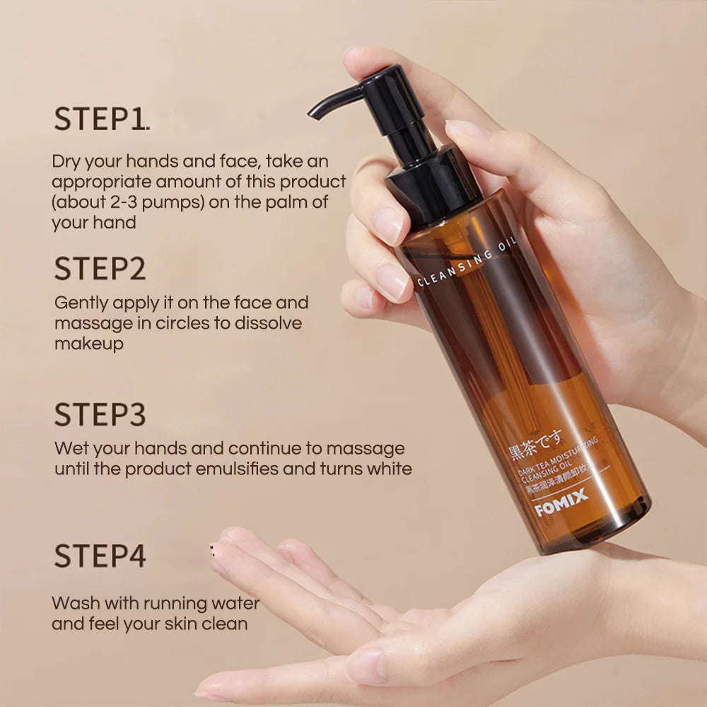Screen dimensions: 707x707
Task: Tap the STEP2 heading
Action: point(100,269)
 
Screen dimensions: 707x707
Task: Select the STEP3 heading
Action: point(100,415)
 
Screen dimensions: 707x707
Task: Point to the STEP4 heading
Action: point(100,556)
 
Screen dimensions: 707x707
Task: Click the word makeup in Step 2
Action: point(89,344)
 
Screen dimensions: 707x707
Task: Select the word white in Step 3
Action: point(388,469)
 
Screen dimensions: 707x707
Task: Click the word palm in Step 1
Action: point(286,202)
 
